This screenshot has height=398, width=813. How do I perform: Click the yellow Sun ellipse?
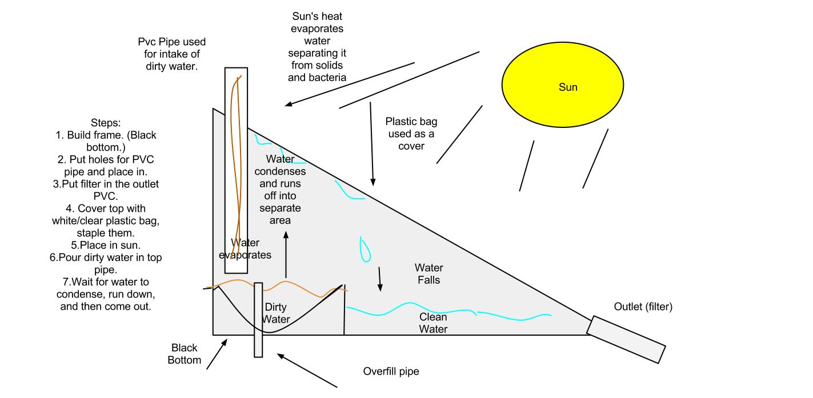point(563,87)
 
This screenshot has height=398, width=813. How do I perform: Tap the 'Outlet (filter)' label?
point(643,307)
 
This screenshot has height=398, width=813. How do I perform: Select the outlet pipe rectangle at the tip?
point(626,339)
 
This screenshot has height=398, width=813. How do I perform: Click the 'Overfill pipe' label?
point(391,371)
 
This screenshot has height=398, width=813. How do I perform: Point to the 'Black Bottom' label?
point(185,353)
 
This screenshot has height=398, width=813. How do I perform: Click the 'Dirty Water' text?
point(277,313)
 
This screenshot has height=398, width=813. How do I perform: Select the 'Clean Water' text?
point(433,323)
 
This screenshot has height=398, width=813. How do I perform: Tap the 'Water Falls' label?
point(428,274)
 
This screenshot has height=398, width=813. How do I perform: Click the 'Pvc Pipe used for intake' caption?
point(171,54)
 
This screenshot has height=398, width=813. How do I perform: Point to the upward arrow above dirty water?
point(286,254)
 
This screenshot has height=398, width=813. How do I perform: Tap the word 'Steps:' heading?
point(105,123)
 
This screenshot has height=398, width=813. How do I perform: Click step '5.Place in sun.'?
point(105,246)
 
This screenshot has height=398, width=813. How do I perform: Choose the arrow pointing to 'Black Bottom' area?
point(217,355)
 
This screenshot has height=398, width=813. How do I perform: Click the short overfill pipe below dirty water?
point(258,320)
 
